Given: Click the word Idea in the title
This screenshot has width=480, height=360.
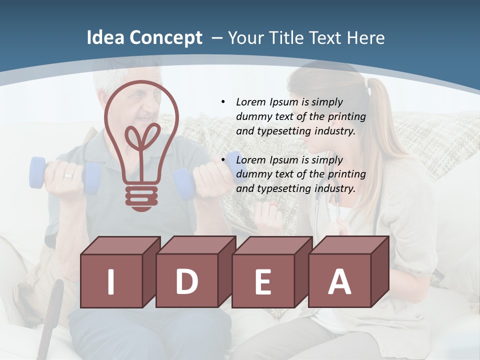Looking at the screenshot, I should (x=104, y=38).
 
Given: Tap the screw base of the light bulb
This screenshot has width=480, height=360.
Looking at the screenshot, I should (x=141, y=197).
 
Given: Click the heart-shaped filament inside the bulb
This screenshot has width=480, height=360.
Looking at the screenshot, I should (x=141, y=137).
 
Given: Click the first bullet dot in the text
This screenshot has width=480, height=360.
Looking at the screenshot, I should (x=223, y=102).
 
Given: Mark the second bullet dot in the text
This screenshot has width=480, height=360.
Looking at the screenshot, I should (x=223, y=160).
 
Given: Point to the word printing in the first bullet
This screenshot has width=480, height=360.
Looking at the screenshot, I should (x=347, y=116).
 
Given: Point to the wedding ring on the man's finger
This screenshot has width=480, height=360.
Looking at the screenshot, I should (x=67, y=176).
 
